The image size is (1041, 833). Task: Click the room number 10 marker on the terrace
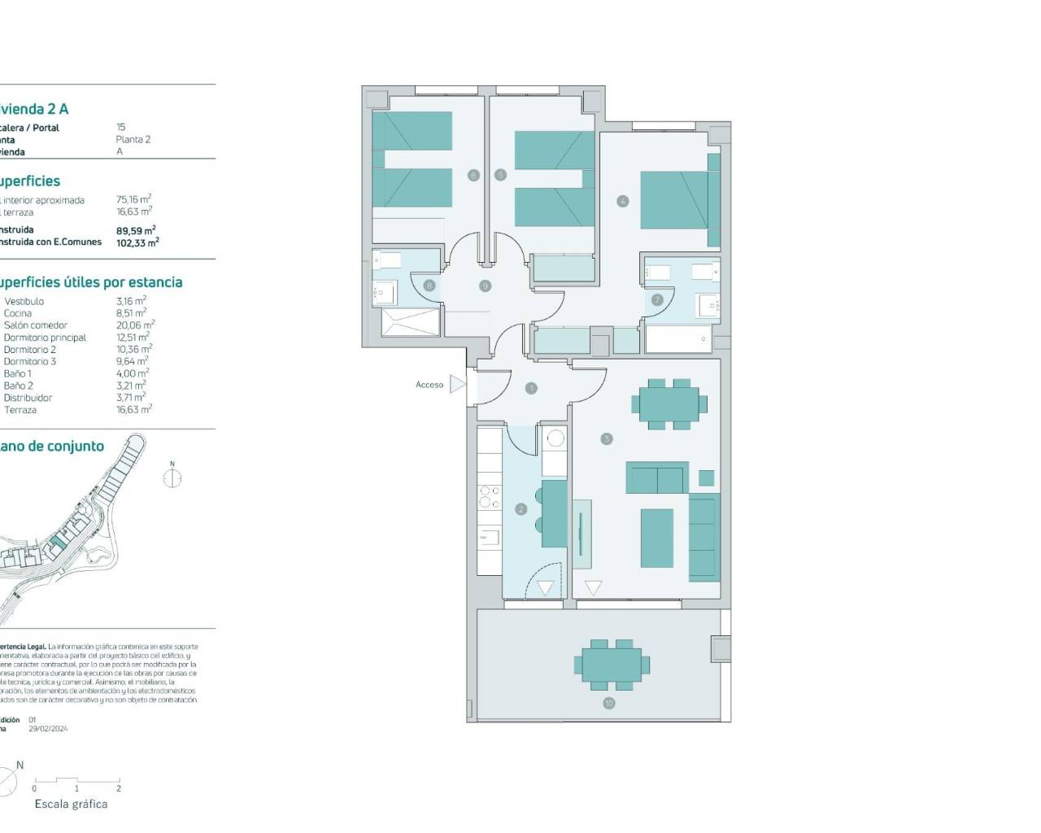point(608,703)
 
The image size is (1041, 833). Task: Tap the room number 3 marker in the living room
point(606,439)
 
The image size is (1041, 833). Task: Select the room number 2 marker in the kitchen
point(520,509)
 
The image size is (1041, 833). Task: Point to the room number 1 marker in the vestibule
point(531,389)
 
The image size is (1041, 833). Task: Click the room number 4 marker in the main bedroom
point(622,201)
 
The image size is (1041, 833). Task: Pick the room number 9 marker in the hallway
point(485,286)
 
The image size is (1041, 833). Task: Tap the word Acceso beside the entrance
point(429,385)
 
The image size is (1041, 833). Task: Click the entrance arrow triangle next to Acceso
point(458,384)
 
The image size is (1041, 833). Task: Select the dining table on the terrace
point(616,664)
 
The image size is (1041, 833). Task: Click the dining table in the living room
point(669,403)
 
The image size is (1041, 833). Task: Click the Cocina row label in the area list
point(18,313)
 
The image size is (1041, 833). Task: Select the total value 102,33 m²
point(137,242)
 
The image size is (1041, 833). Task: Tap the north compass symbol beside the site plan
point(172,478)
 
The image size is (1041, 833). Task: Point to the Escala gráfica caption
point(71,804)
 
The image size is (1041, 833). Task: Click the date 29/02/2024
point(48,729)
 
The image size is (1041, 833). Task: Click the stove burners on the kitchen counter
point(489,496)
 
